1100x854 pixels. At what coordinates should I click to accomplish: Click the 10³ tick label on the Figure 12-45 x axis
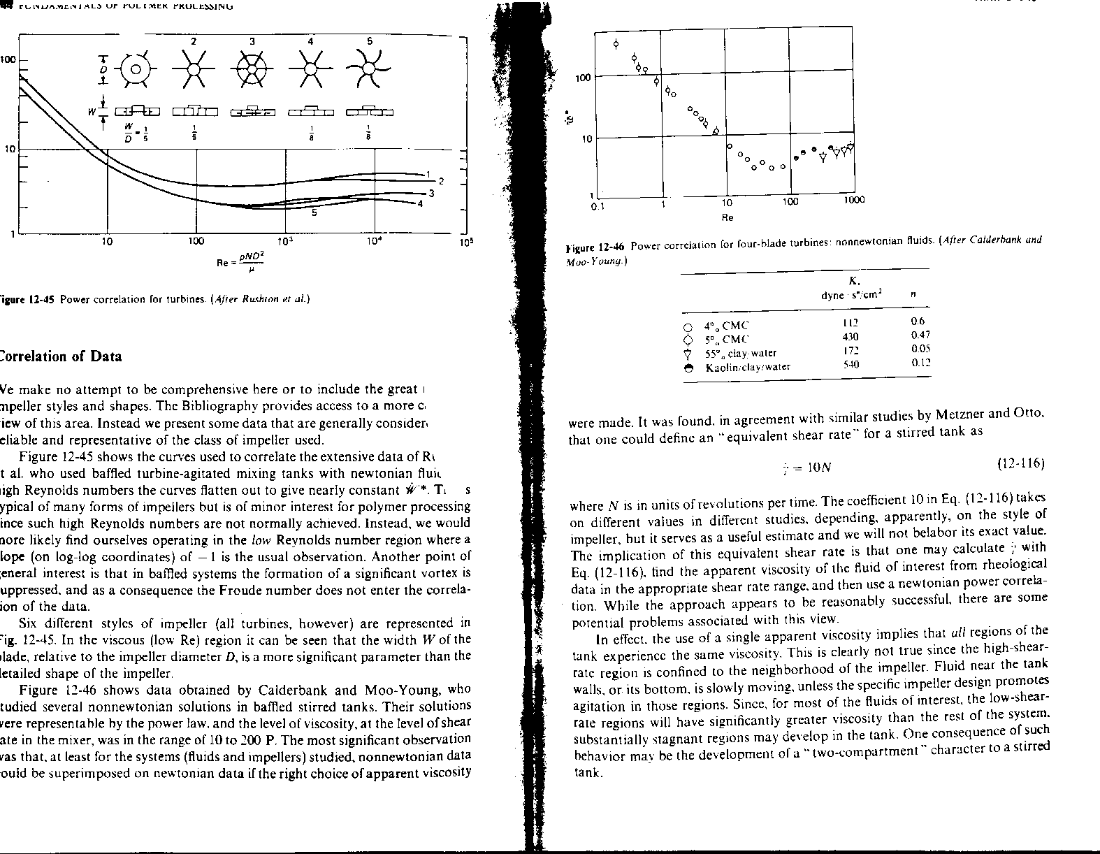click(285, 242)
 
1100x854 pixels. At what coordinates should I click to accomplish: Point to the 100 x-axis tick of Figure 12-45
click(196, 242)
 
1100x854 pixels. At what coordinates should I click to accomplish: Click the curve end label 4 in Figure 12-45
click(420, 204)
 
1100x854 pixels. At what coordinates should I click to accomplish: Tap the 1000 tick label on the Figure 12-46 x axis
click(853, 201)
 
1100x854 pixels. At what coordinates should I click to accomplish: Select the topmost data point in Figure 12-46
click(616, 44)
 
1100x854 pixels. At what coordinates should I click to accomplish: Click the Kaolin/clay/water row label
click(748, 366)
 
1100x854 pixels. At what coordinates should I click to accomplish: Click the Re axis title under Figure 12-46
click(727, 217)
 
